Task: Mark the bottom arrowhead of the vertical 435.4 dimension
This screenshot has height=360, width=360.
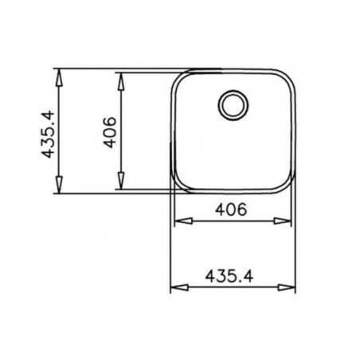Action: point(60,190)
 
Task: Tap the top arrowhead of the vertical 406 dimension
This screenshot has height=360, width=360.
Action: point(120,76)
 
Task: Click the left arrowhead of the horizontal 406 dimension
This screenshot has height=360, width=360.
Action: point(179,222)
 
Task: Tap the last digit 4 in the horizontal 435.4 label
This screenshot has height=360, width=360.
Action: point(256,275)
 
